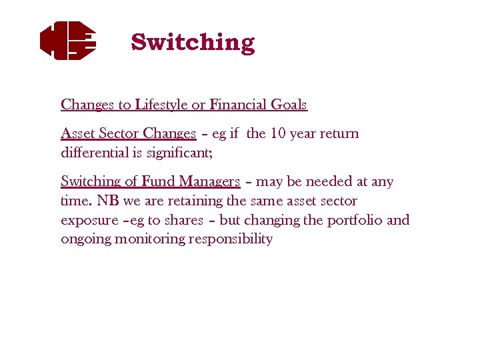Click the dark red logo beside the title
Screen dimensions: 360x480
(68, 41)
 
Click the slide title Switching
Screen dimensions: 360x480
(193, 42)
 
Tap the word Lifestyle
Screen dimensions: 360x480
(162, 105)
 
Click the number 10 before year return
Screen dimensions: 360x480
(279, 133)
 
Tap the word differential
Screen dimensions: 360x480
(89, 153)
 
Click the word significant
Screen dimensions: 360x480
(179, 153)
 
